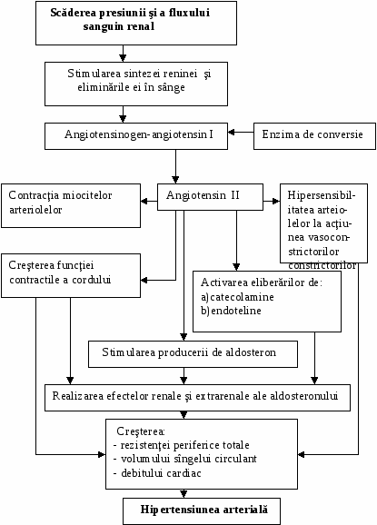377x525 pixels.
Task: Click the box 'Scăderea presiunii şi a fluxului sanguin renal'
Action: click(x=136, y=23)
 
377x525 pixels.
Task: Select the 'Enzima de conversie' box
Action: click(x=314, y=136)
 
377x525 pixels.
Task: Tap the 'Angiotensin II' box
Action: click(x=210, y=197)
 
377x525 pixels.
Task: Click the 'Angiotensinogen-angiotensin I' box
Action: click(x=136, y=136)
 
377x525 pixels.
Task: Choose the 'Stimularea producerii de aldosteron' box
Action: click(x=193, y=354)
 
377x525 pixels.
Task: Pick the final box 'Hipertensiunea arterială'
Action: click(x=202, y=511)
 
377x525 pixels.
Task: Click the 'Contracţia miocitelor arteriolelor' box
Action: click(x=71, y=205)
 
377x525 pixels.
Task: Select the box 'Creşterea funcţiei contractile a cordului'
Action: click(x=71, y=275)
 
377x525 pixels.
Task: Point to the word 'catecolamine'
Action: click(x=242, y=297)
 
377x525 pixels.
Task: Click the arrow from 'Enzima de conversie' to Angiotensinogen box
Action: click(x=241, y=133)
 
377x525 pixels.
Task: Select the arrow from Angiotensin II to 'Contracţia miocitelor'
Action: click(x=149, y=202)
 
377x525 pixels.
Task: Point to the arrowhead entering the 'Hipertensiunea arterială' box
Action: click(x=184, y=494)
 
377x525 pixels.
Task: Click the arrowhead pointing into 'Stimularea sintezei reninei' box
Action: click(x=123, y=58)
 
